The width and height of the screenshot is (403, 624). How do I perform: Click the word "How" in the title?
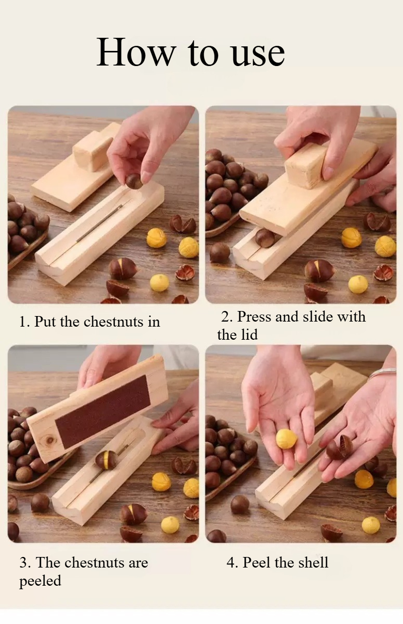tap(136, 52)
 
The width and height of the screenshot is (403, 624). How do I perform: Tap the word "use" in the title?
tap(258, 54)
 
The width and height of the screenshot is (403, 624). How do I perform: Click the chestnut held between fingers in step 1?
tap(134, 181)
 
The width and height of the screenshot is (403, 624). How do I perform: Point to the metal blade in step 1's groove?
tap(100, 223)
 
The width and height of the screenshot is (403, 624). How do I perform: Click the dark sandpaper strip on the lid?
tap(103, 412)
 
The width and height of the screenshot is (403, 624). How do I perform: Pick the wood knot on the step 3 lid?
tap(50, 440)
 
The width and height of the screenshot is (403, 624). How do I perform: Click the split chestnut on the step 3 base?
tap(106, 460)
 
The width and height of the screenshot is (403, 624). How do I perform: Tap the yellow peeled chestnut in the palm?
tap(286, 439)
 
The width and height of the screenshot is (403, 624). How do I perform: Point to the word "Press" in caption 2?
tap(254, 317)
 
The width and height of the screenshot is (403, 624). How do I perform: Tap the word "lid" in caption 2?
tap(249, 335)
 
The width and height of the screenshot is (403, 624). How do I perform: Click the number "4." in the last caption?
tap(232, 563)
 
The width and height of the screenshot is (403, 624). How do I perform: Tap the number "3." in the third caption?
tap(25, 563)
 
